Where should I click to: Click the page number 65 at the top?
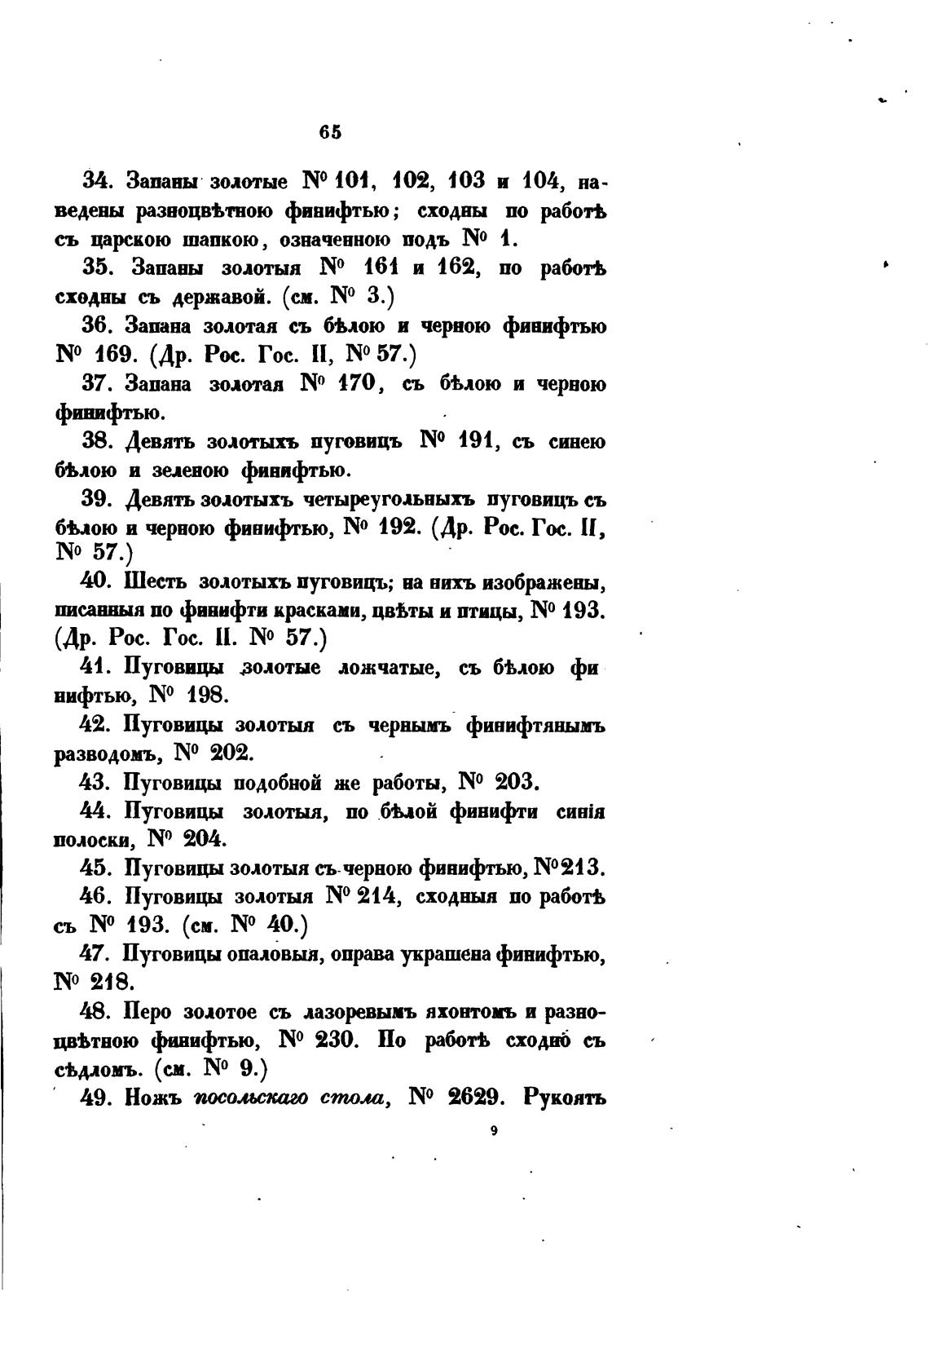click(x=331, y=132)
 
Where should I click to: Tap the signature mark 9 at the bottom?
click(x=495, y=1130)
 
